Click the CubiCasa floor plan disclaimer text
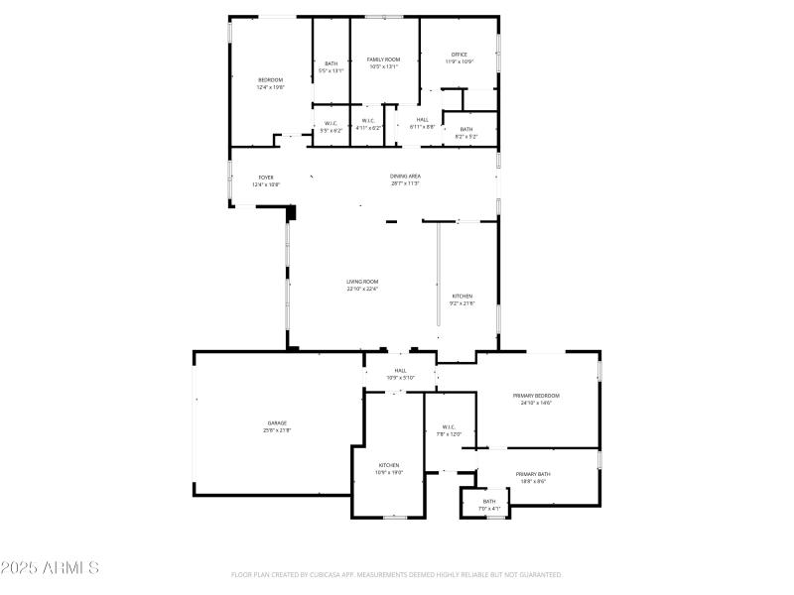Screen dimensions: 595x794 [x=397, y=574]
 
